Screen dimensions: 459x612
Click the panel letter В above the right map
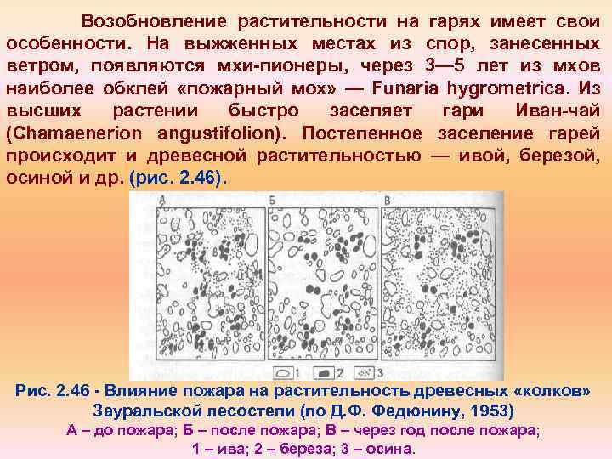coord(387,199)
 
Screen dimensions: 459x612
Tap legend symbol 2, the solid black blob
coord(326,372)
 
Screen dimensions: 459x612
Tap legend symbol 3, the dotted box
coord(363,372)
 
